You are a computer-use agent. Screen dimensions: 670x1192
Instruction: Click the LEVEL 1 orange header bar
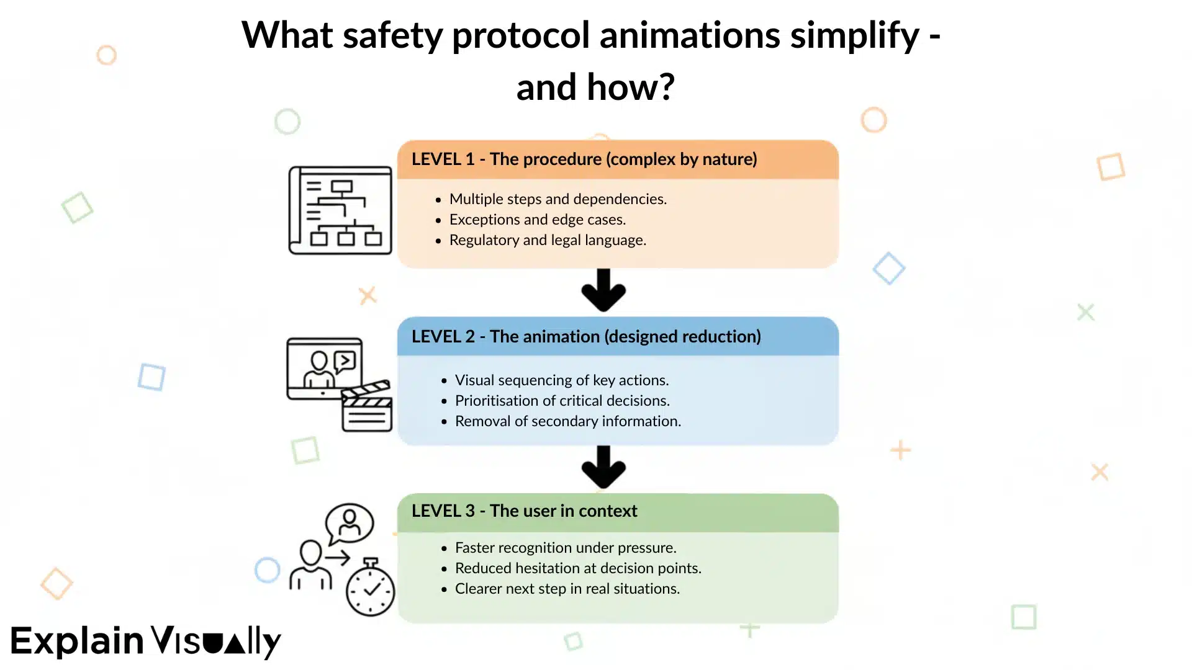[617, 159]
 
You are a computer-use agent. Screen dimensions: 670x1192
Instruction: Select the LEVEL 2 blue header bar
[617, 336]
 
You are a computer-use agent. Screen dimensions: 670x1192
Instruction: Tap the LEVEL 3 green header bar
[617, 511]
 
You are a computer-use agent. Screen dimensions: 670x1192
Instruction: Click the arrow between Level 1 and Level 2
[603, 290]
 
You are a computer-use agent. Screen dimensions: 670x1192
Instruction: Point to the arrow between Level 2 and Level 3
[603, 467]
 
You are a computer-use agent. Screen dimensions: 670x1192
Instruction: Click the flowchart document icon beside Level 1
[340, 210]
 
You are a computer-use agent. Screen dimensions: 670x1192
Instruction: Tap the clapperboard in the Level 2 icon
[367, 407]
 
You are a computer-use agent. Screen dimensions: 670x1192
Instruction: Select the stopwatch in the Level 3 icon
[370, 588]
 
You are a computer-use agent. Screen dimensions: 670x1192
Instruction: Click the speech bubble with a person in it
[350, 523]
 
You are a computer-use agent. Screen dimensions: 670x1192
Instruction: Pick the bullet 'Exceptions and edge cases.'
[537, 220]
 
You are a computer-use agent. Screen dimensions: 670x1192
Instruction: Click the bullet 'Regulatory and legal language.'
[548, 240]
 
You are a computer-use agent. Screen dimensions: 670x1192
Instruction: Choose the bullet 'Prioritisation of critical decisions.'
[562, 401]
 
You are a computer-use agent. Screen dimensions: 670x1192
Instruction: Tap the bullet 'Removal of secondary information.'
[567, 421]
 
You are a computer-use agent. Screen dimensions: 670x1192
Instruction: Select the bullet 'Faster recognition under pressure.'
[565, 548]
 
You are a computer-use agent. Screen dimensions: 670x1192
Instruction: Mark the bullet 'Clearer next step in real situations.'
[567, 589]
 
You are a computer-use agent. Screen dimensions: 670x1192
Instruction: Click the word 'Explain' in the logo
[78, 641]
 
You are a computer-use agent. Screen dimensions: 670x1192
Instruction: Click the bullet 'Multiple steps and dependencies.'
[558, 199]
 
